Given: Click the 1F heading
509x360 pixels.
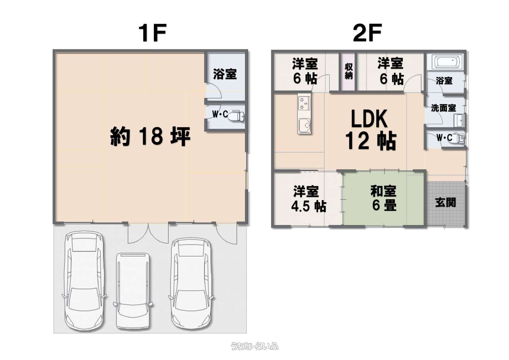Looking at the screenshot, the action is pyautogui.click(x=152, y=33).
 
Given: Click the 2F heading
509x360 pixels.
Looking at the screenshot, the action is pyautogui.click(x=367, y=33).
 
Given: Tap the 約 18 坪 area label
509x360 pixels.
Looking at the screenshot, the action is pyautogui.click(x=150, y=136).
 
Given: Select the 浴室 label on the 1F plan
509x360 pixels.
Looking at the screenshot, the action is pyautogui.click(x=225, y=74).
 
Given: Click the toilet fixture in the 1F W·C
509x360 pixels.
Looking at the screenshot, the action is pyautogui.click(x=236, y=116).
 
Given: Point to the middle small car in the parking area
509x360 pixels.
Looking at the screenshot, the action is pyautogui.click(x=133, y=291).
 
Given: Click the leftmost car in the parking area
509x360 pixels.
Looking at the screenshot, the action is pyautogui.click(x=84, y=281).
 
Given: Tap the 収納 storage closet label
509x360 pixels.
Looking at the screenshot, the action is pyautogui.click(x=349, y=71).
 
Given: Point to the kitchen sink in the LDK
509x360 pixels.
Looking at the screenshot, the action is pyautogui.click(x=304, y=125).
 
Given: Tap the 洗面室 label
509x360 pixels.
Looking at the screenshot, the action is pyautogui.click(x=443, y=108).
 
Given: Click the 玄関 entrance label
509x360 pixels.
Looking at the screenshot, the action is pyautogui.click(x=446, y=202).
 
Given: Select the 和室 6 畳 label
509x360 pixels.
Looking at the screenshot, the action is pyautogui.click(x=384, y=198).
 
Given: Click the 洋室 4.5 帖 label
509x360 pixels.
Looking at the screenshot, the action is pyautogui.click(x=308, y=199).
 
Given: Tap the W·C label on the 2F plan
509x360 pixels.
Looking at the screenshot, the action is pyautogui.click(x=444, y=138).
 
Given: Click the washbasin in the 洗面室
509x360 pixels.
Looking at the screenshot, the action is pyautogui.click(x=459, y=121).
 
